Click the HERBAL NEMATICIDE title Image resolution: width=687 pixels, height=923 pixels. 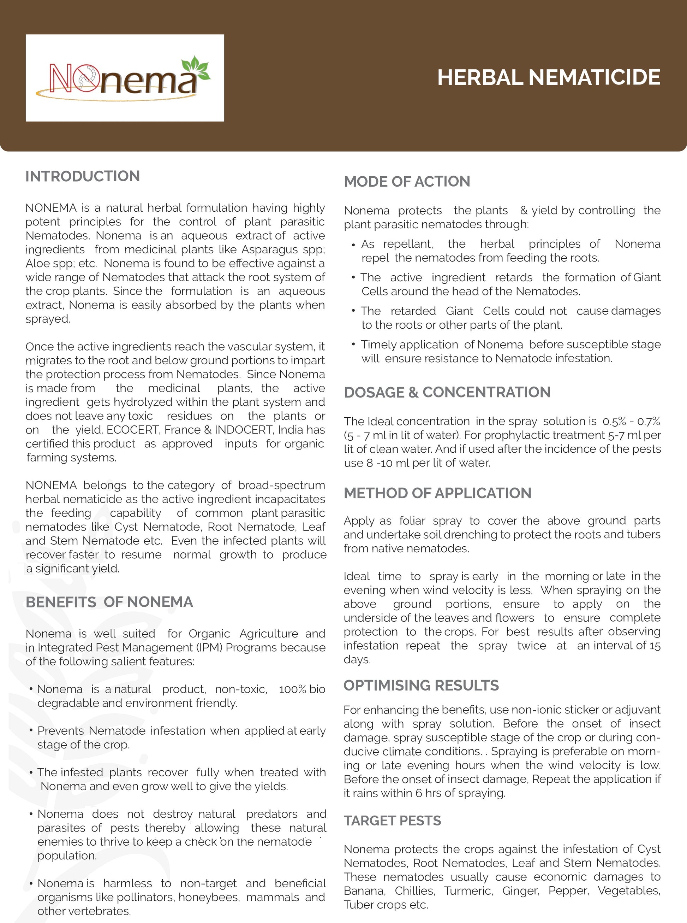pos(549,78)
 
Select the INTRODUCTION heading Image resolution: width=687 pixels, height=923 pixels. pos(82,176)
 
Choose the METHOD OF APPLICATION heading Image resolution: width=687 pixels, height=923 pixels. pos(437,493)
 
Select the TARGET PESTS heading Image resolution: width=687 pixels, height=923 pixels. pos(392,821)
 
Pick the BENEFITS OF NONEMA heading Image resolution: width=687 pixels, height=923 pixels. pos(109,602)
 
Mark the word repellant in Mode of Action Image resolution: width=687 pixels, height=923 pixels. pos(407,244)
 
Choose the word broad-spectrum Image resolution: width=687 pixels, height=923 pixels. pos(281,486)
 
